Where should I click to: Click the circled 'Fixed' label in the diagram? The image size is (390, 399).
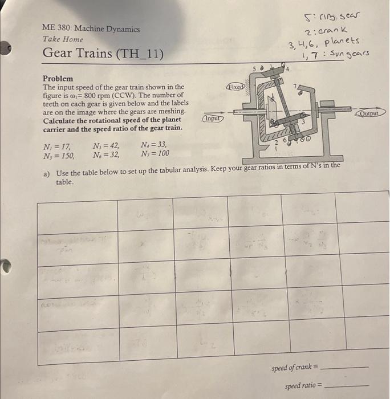235,88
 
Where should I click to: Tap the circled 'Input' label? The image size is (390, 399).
212,119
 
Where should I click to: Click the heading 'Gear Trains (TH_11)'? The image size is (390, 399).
103,54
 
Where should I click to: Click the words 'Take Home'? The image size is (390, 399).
63,39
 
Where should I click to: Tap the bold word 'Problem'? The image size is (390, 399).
58,78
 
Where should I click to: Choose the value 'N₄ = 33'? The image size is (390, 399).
153,145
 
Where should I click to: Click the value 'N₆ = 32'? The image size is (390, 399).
107,154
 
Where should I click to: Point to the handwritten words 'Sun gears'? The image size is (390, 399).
349,54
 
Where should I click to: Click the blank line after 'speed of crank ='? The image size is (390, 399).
345,368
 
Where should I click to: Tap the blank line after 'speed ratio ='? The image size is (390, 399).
345,386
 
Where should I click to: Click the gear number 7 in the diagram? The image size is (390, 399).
295,86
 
